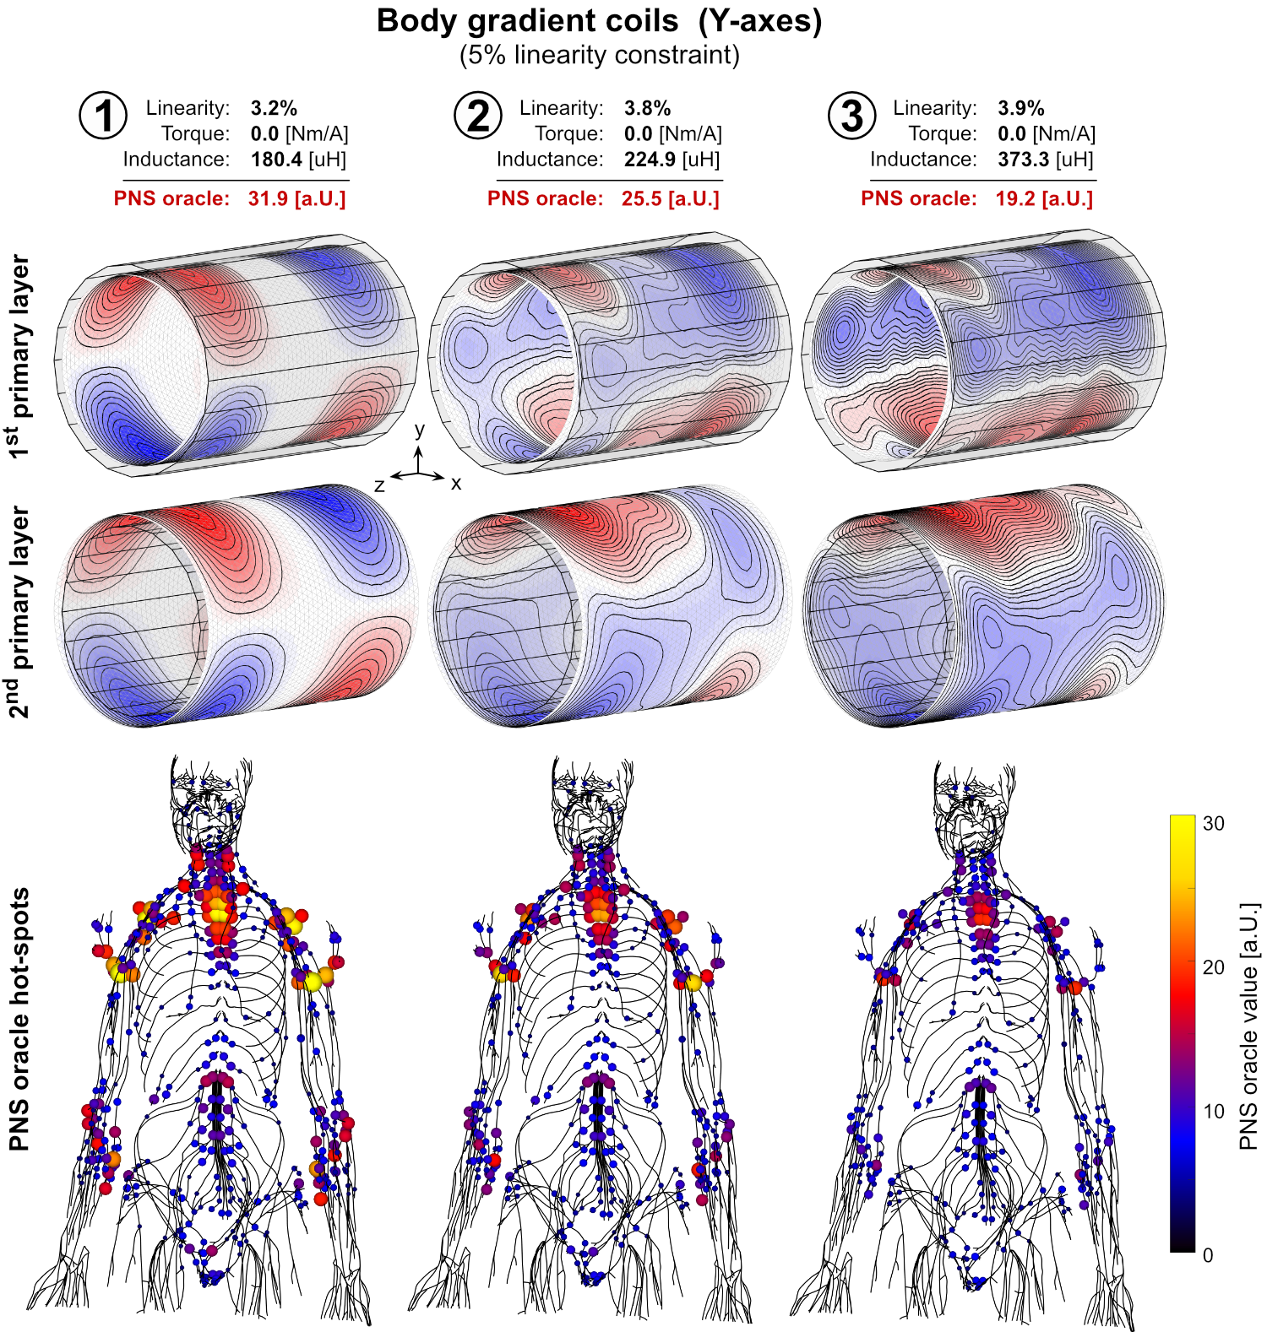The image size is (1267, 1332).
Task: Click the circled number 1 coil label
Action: coord(103,116)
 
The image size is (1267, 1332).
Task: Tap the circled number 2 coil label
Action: coord(478,116)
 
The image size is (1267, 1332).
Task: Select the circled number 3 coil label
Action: coord(851,116)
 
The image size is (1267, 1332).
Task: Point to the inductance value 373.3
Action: coord(1023,160)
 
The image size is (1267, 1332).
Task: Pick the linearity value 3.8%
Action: coord(647,108)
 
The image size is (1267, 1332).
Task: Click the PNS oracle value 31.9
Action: coord(268,198)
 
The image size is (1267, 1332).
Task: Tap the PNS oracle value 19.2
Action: coord(1014,198)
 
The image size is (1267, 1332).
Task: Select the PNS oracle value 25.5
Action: coord(641,198)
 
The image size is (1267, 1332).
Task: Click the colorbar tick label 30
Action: coord(1214,823)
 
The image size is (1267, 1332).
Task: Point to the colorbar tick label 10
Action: coord(1214,1111)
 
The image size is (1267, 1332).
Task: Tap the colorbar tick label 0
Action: coord(1208,1255)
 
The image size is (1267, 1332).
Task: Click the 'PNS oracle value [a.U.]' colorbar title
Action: coord(1248,1026)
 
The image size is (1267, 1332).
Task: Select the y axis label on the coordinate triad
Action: coord(420,430)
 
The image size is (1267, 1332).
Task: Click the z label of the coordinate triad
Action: coord(379,485)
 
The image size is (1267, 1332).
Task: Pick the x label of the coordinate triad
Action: coord(456,484)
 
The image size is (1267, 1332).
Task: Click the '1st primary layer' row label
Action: coord(19,356)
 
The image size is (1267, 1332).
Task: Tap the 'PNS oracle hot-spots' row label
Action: coord(19,1019)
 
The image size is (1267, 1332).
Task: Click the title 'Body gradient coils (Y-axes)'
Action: coord(599,21)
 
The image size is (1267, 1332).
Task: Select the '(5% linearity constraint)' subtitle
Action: coord(599,55)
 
